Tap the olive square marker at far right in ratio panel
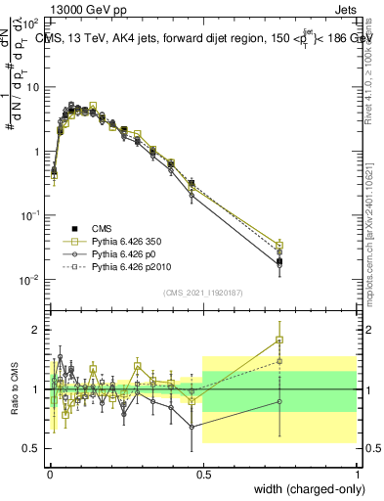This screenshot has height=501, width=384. coord(279,341)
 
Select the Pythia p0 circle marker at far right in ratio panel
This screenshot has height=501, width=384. coord(279,401)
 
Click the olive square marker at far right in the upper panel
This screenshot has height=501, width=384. coord(279,245)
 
